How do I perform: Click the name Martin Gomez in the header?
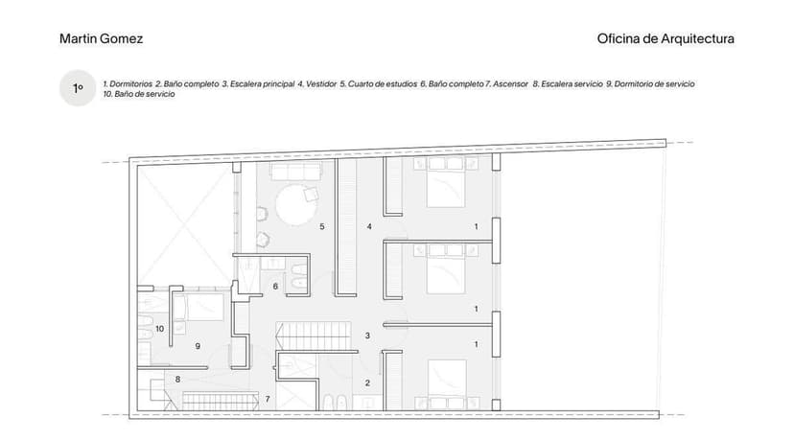coord(102,38)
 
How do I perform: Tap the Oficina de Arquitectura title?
coord(666,38)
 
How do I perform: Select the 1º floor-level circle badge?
coord(78,88)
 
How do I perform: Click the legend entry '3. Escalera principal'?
coord(258,84)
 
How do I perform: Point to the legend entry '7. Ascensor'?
coord(508,84)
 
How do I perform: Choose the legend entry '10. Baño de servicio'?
coord(139,94)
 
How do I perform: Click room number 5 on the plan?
coord(322,226)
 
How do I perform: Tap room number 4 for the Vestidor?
coord(369,226)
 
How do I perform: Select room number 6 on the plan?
coord(275,286)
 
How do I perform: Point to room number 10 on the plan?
coord(159,329)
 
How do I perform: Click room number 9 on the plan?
coord(198,346)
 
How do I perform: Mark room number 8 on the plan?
coord(177,379)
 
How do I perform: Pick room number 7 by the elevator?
coord(268,399)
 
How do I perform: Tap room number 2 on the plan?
coord(367,383)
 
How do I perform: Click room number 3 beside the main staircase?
coord(367,336)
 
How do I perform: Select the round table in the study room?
coord(295,204)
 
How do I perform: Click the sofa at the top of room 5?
coord(296,171)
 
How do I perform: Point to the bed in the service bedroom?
coord(198,308)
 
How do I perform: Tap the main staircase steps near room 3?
coord(314,336)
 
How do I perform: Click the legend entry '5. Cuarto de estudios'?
coord(379,84)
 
